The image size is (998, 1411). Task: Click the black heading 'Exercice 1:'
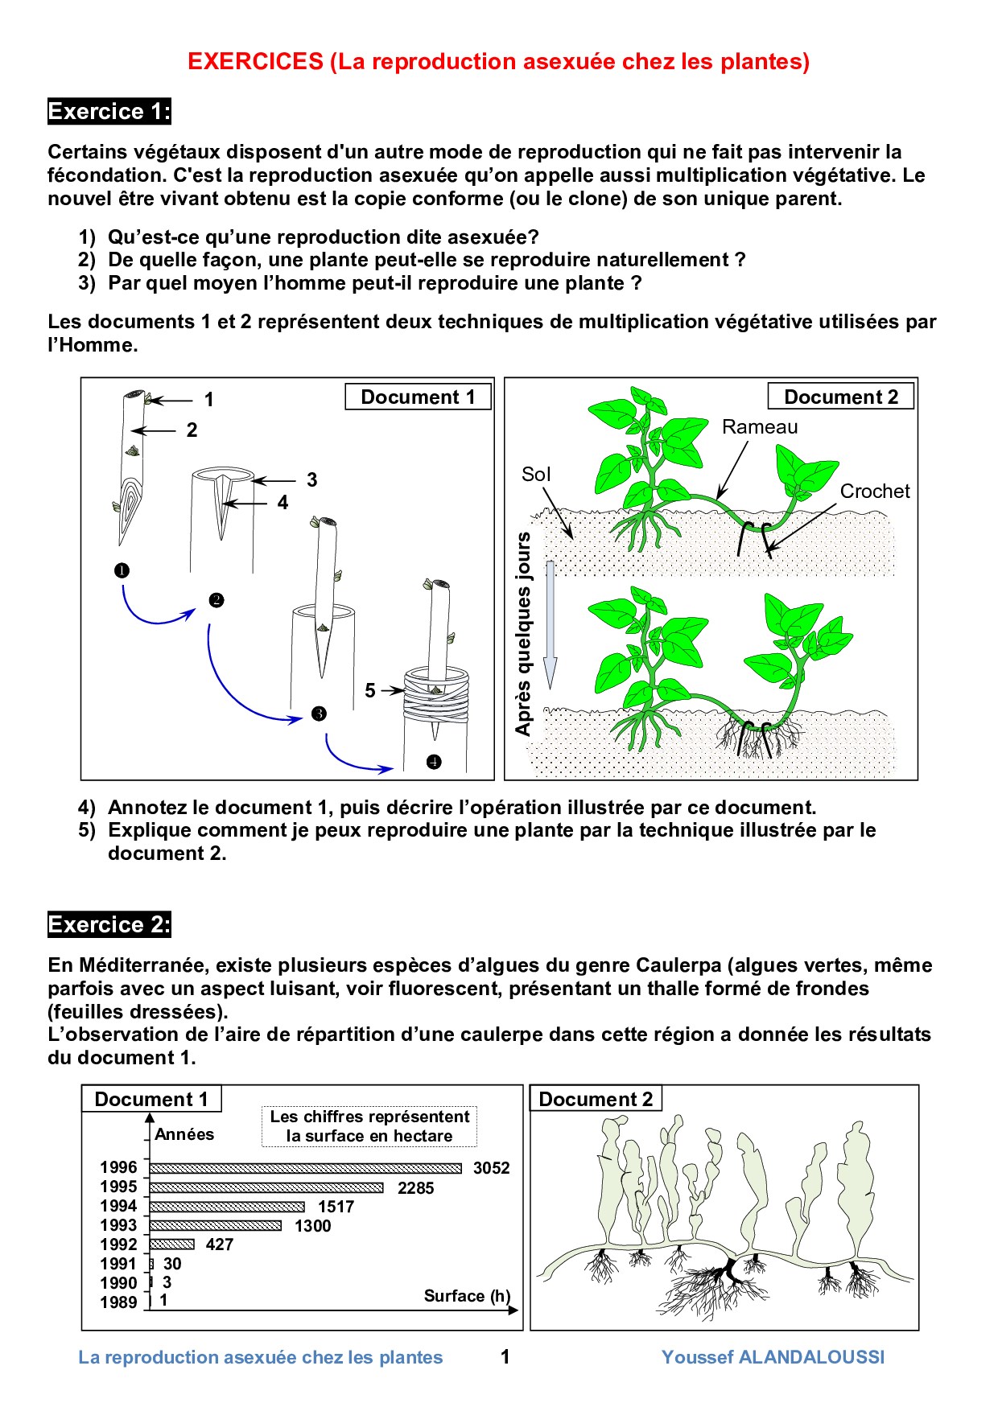click(x=109, y=112)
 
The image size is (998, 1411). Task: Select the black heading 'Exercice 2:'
click(x=109, y=925)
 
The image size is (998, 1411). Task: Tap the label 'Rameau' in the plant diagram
click(x=759, y=427)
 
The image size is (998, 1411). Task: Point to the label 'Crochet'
click(x=874, y=492)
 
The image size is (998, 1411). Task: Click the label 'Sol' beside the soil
click(x=536, y=475)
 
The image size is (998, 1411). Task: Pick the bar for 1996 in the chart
click(x=306, y=1168)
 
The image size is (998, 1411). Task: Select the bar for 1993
click(x=216, y=1226)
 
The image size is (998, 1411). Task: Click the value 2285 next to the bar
click(x=415, y=1188)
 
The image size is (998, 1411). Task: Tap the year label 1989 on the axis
click(x=118, y=1302)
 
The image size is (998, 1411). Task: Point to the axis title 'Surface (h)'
click(x=467, y=1296)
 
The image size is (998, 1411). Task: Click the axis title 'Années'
click(x=184, y=1134)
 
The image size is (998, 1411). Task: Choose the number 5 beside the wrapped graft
click(x=370, y=690)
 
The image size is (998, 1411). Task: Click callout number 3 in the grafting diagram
click(x=312, y=480)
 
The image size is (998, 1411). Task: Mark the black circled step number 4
click(x=434, y=762)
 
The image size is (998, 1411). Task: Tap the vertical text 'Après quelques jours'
click(x=524, y=633)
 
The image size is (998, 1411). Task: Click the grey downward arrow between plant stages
click(x=551, y=623)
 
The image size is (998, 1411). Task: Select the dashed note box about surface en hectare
click(x=369, y=1126)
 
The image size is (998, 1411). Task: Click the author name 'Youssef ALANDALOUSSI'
click(x=773, y=1357)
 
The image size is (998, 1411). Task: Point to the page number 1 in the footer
click(x=505, y=1357)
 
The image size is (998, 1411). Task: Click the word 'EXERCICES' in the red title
click(x=255, y=62)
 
